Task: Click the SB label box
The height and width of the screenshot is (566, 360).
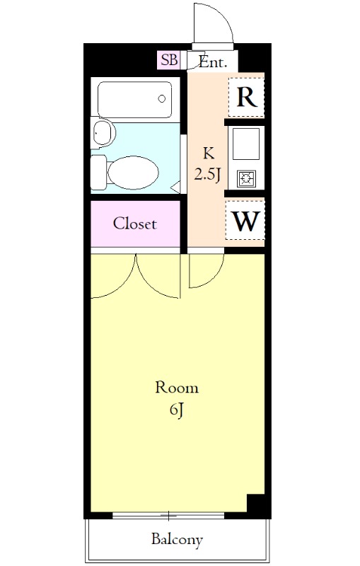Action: [169, 59]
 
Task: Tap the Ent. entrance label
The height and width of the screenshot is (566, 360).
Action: [213, 62]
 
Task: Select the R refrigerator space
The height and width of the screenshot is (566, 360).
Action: [246, 97]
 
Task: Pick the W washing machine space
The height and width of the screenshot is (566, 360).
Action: [245, 220]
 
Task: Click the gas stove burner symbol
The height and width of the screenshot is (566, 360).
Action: [247, 178]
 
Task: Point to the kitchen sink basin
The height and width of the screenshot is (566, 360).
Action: [246, 144]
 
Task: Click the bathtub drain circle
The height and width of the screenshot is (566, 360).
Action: [162, 98]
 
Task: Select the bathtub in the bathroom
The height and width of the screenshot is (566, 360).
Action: [134, 100]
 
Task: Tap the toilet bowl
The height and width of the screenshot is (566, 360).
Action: [132, 173]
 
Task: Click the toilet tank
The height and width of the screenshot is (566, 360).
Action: [98, 173]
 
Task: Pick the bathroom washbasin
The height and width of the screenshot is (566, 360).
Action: [103, 132]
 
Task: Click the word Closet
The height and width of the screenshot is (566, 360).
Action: [134, 224]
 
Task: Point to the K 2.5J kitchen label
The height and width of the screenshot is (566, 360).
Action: [208, 164]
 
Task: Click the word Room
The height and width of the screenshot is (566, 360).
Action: [177, 388]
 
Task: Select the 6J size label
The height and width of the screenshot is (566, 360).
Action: [177, 410]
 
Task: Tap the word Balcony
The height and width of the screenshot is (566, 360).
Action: [177, 540]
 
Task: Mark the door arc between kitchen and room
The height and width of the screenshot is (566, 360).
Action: [214, 278]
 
